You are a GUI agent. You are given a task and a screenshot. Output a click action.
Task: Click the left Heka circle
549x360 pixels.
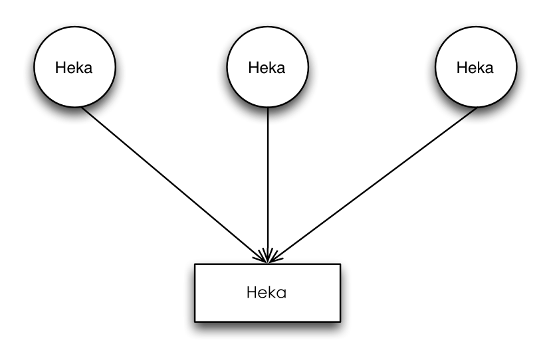click(74, 66)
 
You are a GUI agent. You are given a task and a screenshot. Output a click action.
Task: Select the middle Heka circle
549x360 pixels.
click(268, 66)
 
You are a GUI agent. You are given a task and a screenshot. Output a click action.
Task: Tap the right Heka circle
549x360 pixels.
click(476, 66)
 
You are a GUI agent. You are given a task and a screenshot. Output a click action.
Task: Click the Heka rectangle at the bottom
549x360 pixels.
click(267, 293)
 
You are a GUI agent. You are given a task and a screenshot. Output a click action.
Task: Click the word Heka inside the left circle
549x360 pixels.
click(74, 68)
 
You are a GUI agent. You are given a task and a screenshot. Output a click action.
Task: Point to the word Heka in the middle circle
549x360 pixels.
click(267, 68)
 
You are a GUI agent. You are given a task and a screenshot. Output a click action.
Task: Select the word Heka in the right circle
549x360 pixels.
click(475, 68)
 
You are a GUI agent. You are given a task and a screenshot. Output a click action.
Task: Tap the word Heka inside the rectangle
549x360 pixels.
click(267, 292)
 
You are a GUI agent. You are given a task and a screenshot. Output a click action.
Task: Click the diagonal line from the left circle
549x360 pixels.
click(174, 185)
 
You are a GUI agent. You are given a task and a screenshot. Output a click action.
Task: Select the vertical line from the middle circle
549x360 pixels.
click(268, 185)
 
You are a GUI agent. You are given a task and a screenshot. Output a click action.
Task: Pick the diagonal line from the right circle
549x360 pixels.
click(372, 185)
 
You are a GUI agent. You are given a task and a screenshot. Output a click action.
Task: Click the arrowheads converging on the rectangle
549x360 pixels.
click(268, 256)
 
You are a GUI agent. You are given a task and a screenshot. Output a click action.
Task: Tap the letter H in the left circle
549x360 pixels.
click(60, 68)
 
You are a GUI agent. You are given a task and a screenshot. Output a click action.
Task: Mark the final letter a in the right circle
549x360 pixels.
click(489, 69)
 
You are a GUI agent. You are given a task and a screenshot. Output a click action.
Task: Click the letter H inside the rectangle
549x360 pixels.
click(252, 292)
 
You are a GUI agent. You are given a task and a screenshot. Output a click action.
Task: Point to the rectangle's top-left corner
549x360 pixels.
click(195, 264)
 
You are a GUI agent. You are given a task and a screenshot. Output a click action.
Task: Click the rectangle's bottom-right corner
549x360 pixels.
click(340, 322)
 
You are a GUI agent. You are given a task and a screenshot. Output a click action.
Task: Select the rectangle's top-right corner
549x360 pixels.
click(340, 264)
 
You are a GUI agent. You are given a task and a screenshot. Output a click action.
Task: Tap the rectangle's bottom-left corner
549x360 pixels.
click(195, 322)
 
